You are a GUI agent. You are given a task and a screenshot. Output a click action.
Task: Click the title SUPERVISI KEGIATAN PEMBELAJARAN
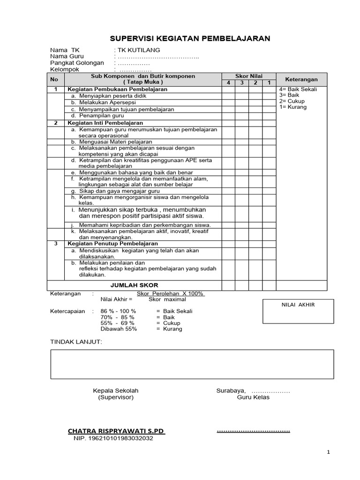coord(190,38)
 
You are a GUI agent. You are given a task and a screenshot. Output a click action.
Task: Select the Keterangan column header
coord(301,80)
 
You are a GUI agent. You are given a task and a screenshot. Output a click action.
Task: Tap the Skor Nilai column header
coord(248,76)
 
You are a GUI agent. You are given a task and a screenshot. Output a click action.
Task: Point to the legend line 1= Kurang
coord(292,107)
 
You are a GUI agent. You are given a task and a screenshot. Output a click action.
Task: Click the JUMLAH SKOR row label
coord(134,285)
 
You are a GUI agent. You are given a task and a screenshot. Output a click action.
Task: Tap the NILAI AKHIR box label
coord(298,305)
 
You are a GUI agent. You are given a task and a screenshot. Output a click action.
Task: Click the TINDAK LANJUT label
coord(75,342)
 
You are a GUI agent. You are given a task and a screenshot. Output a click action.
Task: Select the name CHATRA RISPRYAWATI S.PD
coord(116,431)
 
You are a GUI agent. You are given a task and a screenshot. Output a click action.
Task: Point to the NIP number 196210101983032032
coord(113,439)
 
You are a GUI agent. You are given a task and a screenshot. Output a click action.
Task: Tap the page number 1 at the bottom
coord(329,452)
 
